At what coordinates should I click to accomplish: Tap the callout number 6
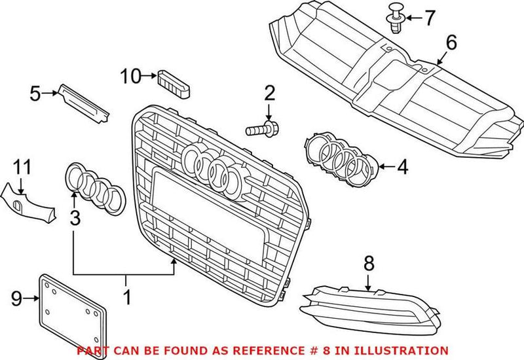[x=451, y=44]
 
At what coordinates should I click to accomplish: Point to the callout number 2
[x=269, y=94]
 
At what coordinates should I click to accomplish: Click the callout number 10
[x=130, y=77]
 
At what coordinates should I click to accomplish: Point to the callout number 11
[x=22, y=168]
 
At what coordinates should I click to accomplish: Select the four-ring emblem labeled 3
[x=94, y=188]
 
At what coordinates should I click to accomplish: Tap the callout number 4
[x=402, y=167]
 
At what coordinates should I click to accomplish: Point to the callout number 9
[x=16, y=300]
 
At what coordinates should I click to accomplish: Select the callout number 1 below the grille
[x=126, y=298]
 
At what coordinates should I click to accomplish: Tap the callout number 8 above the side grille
[x=369, y=264]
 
